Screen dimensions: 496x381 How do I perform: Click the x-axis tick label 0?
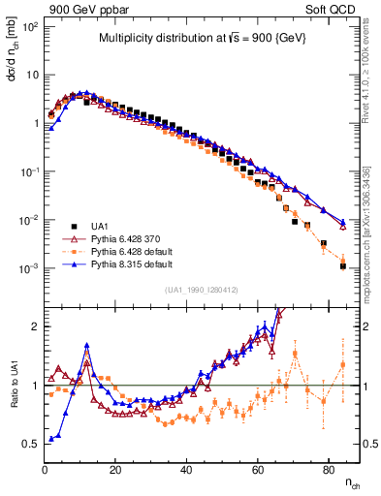[x=45, y=470]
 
